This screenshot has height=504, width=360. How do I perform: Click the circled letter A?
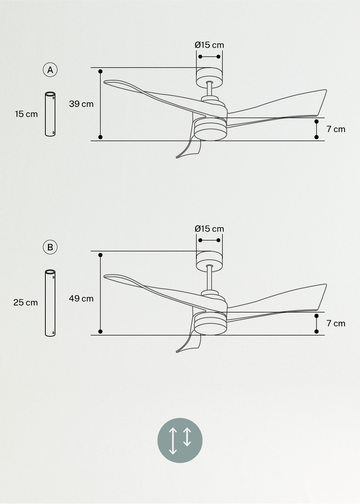click(50, 70)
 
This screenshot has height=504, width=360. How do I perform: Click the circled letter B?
click(50, 247)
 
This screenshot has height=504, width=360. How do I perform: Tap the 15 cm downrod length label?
click(26, 114)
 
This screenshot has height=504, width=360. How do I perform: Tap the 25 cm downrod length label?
click(26, 303)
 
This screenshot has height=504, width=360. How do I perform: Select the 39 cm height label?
click(81, 104)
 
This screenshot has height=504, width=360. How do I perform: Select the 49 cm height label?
click(81, 299)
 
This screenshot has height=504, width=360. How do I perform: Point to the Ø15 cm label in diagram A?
click(209, 45)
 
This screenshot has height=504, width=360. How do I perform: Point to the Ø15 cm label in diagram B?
click(209, 229)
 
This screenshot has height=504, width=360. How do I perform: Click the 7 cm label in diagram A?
click(336, 129)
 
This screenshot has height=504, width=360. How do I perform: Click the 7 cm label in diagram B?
click(336, 323)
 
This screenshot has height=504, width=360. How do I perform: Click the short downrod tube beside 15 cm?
click(50, 114)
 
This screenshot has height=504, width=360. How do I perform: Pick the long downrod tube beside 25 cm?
click(50, 303)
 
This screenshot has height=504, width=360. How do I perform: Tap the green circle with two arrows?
click(180, 440)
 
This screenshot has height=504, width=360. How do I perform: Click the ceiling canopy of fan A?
click(209, 77)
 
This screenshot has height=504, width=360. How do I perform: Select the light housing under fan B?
click(210, 324)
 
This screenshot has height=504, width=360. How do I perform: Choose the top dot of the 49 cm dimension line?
click(100, 255)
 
